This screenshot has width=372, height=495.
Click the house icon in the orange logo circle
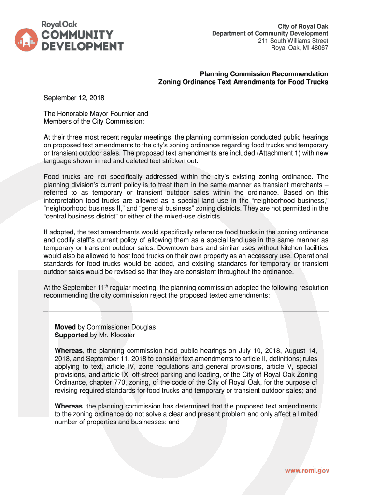click(27, 40)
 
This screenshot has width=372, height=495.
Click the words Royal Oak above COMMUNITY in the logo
click(59, 24)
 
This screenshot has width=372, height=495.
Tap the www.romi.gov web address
click(306, 471)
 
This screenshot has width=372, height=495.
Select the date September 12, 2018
click(74, 98)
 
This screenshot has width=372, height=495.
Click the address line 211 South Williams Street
click(293, 41)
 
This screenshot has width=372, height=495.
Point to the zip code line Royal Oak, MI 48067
click(299, 48)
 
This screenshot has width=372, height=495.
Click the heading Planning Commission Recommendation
click(264, 74)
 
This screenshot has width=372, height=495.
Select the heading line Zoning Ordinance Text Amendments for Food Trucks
click(243, 82)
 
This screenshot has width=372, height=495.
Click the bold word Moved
click(65, 327)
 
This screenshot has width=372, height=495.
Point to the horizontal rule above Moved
click(186, 310)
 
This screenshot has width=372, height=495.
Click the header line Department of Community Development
click(270, 33)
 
